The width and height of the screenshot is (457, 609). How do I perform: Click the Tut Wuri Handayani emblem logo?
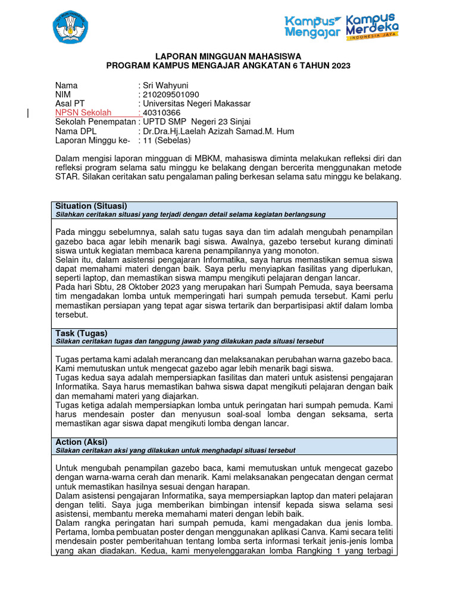(70, 27)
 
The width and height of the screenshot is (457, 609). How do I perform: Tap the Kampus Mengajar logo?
(312, 27)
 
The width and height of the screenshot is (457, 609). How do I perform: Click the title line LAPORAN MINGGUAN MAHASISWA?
(228, 56)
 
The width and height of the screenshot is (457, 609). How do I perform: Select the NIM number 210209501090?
(171, 94)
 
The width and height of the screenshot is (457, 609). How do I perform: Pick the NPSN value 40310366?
(162, 112)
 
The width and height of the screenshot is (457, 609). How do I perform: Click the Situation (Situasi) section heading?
(91, 206)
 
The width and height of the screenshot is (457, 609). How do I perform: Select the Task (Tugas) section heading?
(82, 333)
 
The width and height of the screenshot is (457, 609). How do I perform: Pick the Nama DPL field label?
(76, 131)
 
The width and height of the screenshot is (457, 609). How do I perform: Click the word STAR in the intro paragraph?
(65, 177)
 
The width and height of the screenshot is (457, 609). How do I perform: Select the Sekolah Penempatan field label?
(95, 122)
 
